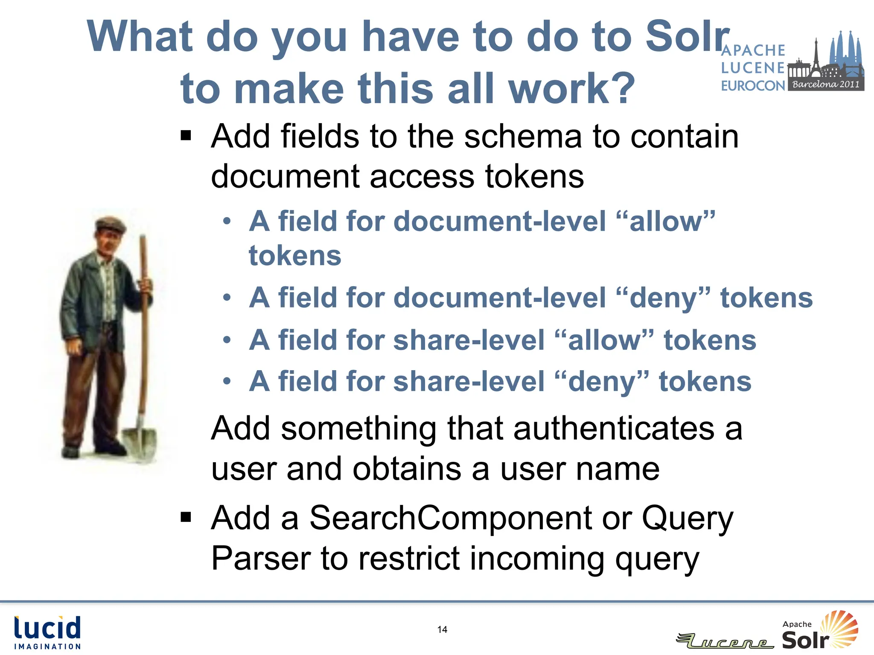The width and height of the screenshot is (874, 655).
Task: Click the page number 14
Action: pos(442,629)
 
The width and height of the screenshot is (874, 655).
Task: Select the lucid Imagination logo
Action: pos(47,633)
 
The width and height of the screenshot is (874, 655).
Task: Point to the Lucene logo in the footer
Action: pos(725,641)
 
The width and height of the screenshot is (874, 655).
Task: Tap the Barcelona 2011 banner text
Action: pos(825,84)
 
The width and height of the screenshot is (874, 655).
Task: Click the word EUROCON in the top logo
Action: pos(753,86)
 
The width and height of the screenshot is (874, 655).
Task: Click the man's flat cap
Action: pos(110,224)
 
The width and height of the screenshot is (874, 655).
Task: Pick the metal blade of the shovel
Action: pos(140,443)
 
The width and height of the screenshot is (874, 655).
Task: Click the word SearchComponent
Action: pos(451,518)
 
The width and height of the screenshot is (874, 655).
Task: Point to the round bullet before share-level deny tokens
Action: pos(227,381)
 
